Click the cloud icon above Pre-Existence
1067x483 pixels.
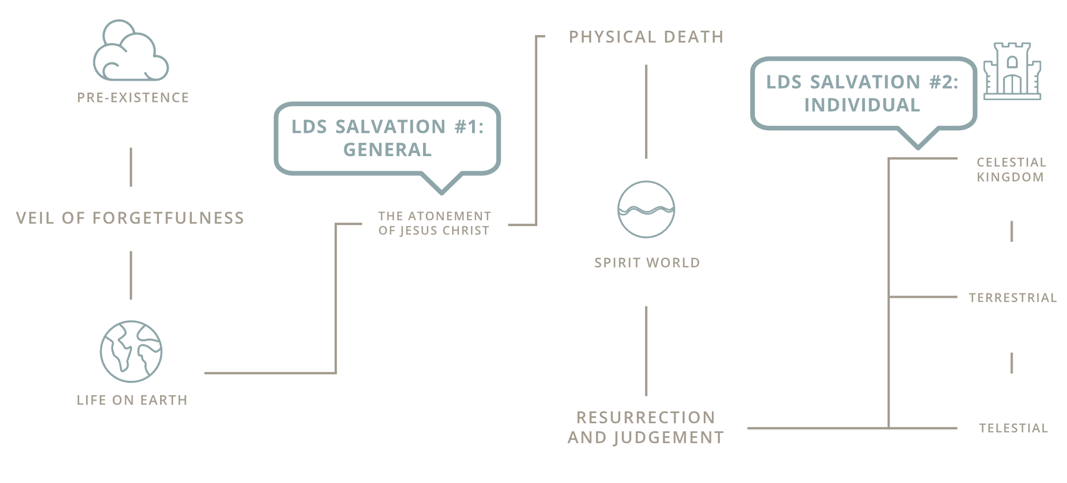click(131, 51)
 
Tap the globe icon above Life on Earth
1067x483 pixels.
click(131, 352)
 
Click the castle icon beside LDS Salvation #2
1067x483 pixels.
click(1012, 72)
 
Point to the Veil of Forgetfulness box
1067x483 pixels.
click(130, 218)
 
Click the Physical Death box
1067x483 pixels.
click(646, 37)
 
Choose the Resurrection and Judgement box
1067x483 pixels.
click(646, 428)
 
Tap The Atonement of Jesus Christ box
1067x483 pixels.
click(434, 223)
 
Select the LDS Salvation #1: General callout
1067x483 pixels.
click(387, 138)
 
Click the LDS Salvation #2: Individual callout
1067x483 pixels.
click(862, 93)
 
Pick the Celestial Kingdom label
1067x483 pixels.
click(1011, 170)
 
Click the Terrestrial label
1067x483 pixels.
click(1013, 298)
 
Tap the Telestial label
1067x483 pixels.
click(1013, 428)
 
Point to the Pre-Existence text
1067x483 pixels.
click(133, 97)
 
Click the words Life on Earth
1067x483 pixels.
click(132, 400)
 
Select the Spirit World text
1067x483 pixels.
click(647, 263)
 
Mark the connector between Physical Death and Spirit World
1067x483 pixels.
click(646, 111)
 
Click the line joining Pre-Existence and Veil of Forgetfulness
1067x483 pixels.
click(131, 167)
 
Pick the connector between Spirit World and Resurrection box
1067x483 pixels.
click(646, 351)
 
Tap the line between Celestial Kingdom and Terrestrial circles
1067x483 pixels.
click(1011, 231)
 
